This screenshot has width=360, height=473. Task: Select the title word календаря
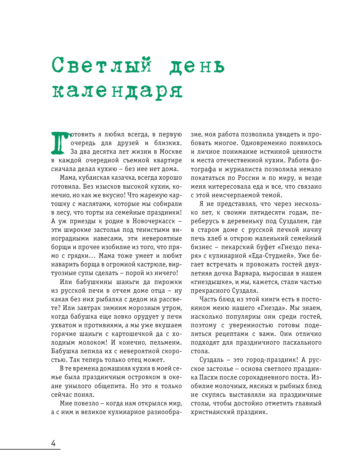[x=117, y=91]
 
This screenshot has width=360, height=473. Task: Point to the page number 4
[x=54, y=444]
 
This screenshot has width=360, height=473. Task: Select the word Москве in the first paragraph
[x=171, y=152]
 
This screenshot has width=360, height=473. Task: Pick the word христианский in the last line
[x=212, y=412]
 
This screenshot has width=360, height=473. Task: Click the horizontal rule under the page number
[x=30, y=450]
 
